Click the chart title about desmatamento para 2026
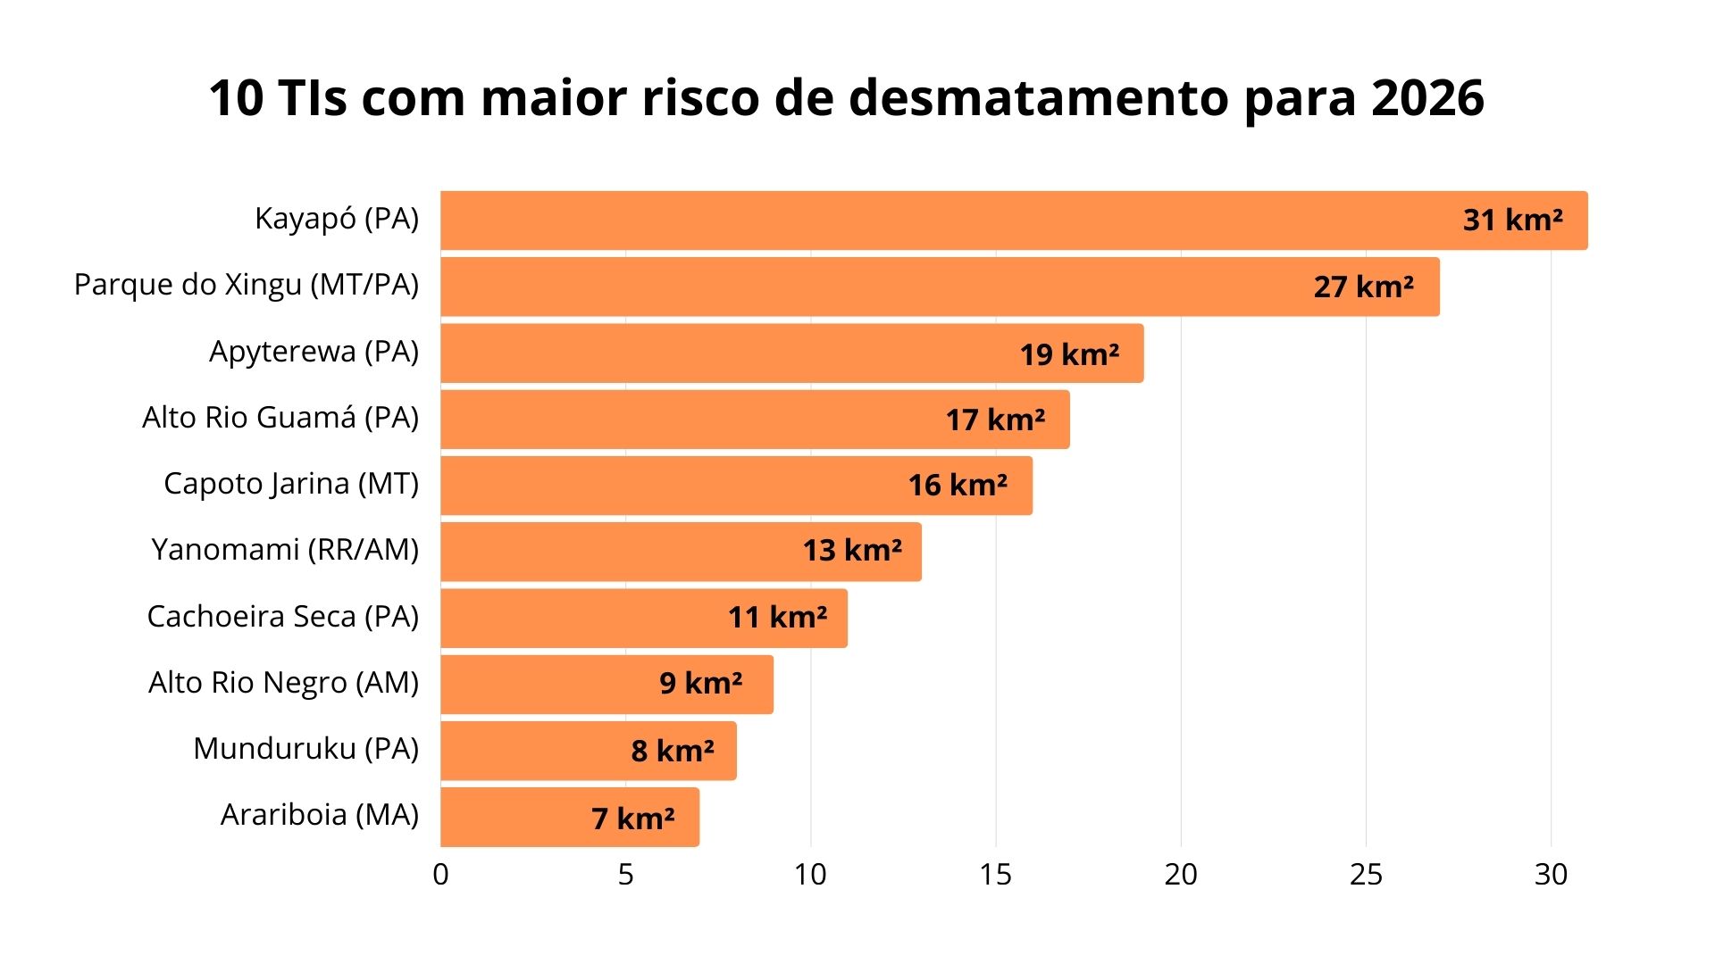pyautogui.click(x=846, y=98)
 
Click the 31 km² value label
pyautogui.click(x=1512, y=220)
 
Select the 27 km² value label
pyautogui.click(x=1363, y=287)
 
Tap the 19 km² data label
pyautogui.click(x=1069, y=354)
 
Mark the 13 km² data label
pyautogui.click(x=851, y=551)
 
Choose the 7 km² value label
pyautogui.click(x=632, y=819)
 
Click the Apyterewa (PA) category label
pyautogui.click(x=314, y=352)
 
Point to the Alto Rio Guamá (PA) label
pyautogui.click(x=280, y=418)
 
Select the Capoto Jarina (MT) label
pyautogui.click(x=291, y=484)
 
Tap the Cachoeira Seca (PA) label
pyautogui.click(x=282, y=617)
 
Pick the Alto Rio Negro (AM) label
pyautogui.click(x=283, y=683)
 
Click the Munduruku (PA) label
pyautogui.click(x=305, y=749)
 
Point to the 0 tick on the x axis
pyautogui.click(x=440, y=875)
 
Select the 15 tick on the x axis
pyautogui.click(x=995, y=875)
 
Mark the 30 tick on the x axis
pyautogui.click(x=1551, y=875)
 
